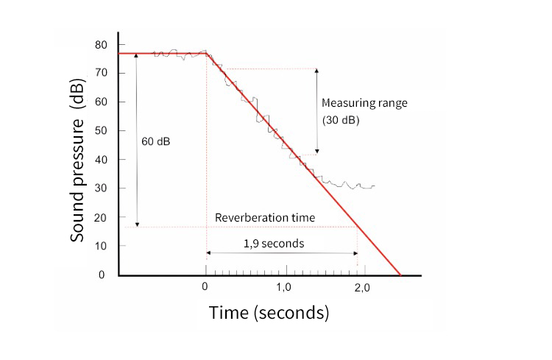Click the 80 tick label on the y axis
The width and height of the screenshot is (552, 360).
pos(101,45)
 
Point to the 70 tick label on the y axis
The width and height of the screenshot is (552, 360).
pos(101,74)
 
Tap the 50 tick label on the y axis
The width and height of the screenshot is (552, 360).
pos(101,131)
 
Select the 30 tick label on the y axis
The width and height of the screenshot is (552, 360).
pos(101,188)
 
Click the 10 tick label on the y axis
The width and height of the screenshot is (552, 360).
pos(101,246)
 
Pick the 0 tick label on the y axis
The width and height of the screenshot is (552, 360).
pos(103,275)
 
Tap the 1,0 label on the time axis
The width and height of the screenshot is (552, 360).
pos(283,286)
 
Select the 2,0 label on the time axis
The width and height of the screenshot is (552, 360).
pos(361,286)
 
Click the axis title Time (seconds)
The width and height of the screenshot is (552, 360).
pos(269,313)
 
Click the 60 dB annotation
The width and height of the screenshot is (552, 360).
pos(155,140)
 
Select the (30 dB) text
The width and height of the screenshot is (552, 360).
pos(341,119)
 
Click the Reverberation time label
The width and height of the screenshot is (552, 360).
pos(265,218)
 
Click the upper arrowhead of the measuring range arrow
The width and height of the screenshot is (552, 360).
pos(317,71)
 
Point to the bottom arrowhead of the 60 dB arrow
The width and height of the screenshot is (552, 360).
pos(138,224)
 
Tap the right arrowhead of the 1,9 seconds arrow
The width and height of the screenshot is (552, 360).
pos(355,253)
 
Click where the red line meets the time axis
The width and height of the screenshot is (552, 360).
pos(400,275)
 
